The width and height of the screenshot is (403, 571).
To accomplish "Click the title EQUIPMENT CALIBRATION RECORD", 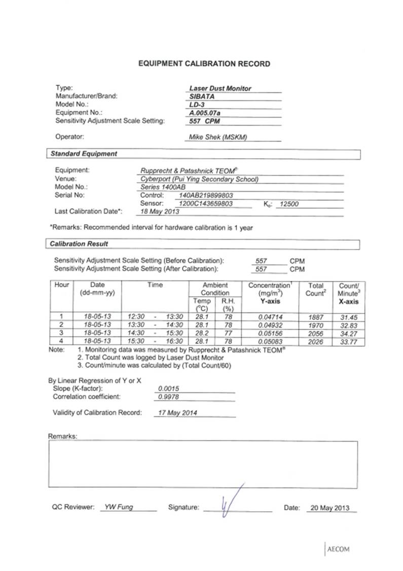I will (204, 64).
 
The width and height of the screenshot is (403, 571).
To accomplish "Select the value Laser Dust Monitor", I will (224, 88).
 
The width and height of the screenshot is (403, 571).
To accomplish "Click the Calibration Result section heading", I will (79, 244).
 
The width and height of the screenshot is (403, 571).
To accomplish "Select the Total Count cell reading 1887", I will (315, 317).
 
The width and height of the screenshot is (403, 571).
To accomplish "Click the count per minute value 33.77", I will (348, 341).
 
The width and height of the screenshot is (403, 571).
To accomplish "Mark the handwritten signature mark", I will (229, 502).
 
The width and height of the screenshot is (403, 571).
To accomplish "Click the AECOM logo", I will (339, 549).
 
